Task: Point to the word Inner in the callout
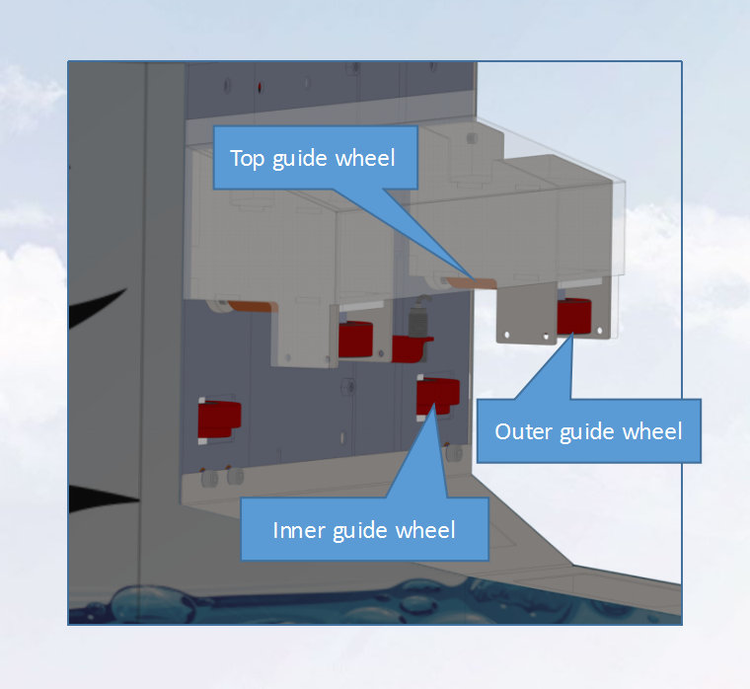pyautogui.click(x=296, y=530)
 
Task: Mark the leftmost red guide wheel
pyautogui.click(x=218, y=419)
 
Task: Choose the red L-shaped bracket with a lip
pyautogui.click(x=412, y=346)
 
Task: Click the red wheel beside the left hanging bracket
pyautogui.click(x=355, y=340)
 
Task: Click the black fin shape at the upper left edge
pyautogui.click(x=99, y=308)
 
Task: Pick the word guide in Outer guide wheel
pyautogui.click(x=590, y=432)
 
